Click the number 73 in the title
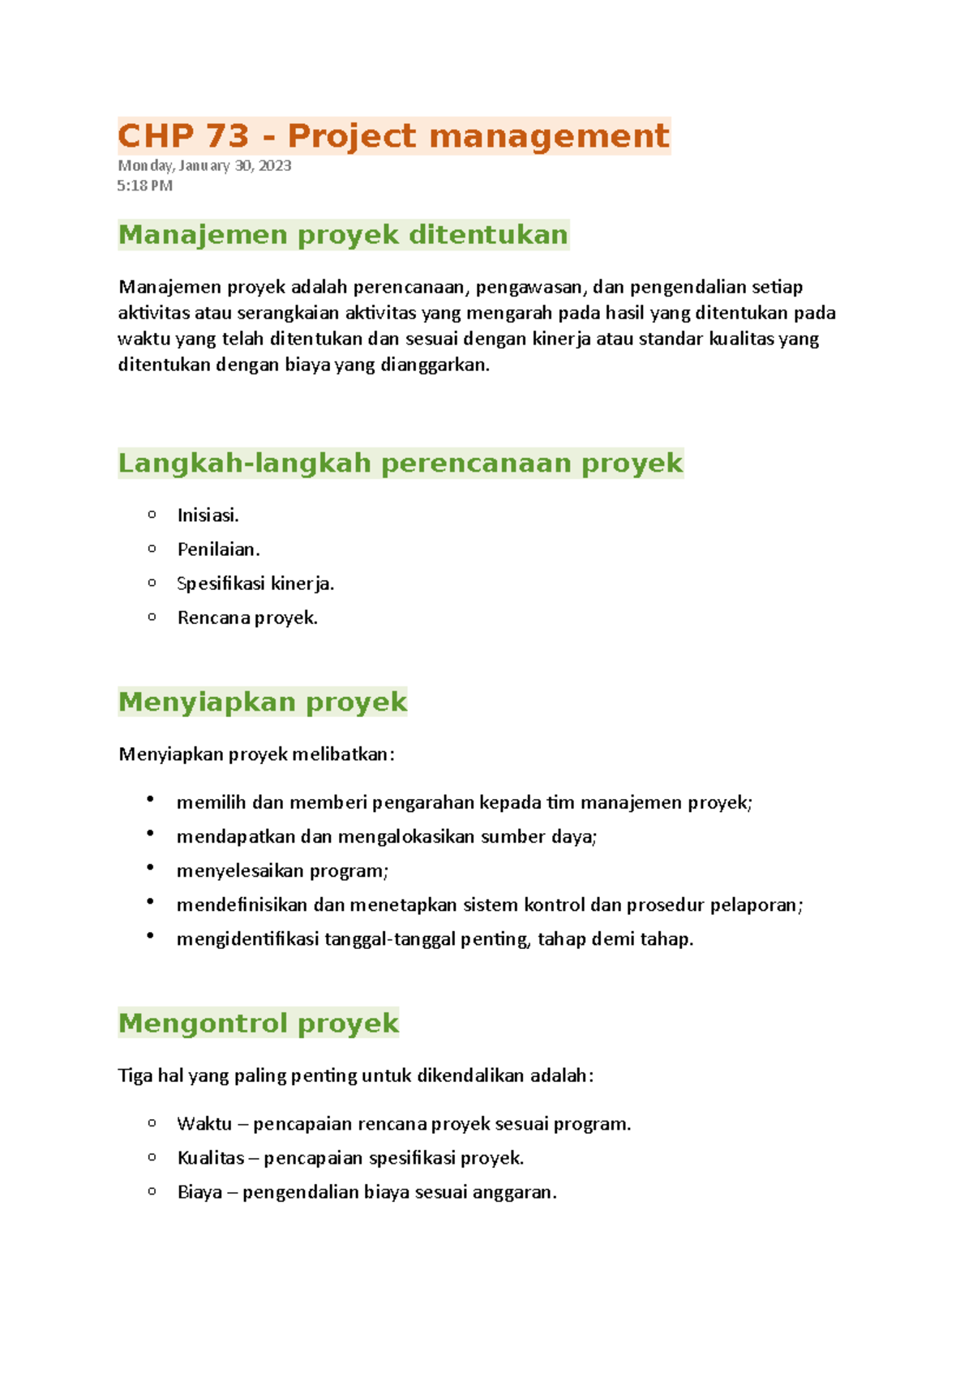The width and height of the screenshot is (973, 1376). click(227, 136)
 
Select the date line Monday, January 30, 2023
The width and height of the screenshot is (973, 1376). click(204, 165)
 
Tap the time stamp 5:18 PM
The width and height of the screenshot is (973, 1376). click(145, 186)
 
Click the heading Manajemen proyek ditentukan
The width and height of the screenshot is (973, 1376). click(343, 235)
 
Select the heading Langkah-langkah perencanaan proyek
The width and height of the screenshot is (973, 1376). click(401, 464)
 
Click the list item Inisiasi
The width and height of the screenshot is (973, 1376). click(208, 515)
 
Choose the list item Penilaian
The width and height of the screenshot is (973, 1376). click(218, 549)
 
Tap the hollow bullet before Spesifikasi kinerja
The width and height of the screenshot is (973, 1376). click(152, 583)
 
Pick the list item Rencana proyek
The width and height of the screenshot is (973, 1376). click(247, 617)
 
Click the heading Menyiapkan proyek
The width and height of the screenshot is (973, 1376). click(263, 702)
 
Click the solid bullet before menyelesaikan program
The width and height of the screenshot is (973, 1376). click(151, 868)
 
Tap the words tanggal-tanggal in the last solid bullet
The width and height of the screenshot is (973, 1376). click(390, 939)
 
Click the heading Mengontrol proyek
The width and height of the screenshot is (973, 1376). click(259, 1023)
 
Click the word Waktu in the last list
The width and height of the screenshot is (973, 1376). click(204, 1124)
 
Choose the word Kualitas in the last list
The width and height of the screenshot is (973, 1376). click(211, 1158)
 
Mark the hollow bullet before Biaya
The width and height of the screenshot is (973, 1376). click(152, 1191)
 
